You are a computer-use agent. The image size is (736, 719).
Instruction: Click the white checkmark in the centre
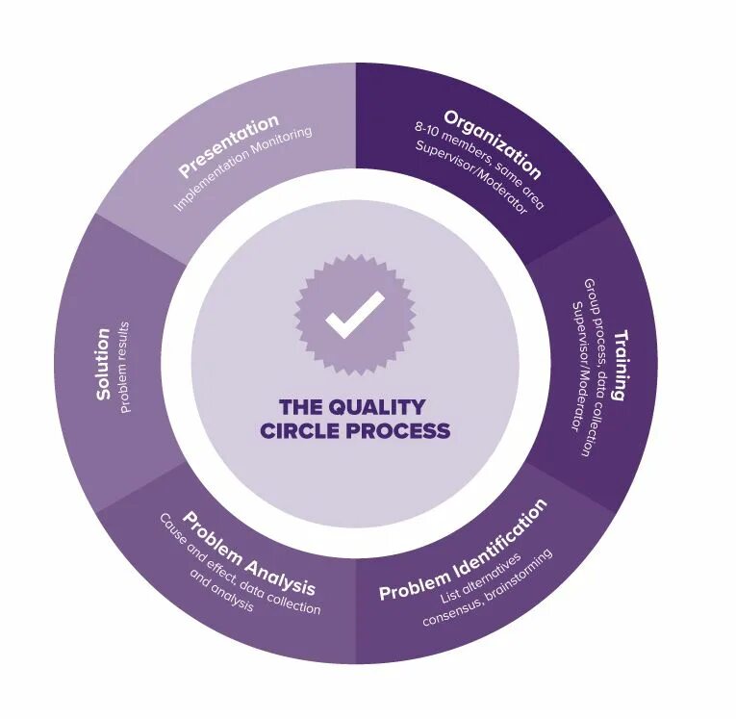pos(354,314)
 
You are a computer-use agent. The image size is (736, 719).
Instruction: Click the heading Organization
pos(493,145)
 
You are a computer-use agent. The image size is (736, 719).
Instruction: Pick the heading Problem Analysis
pos(249,553)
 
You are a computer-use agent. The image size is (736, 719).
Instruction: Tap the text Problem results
pos(126,367)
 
